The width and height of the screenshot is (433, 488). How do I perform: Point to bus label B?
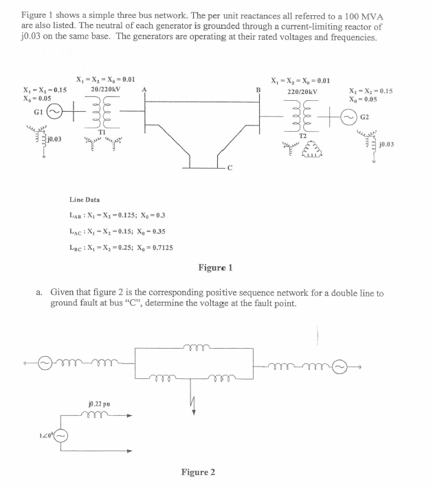(x=258, y=89)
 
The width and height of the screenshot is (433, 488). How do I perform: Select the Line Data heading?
(x=84, y=199)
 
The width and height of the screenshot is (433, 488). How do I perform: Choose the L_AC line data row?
(x=118, y=231)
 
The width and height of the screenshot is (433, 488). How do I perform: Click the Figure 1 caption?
(x=215, y=266)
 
